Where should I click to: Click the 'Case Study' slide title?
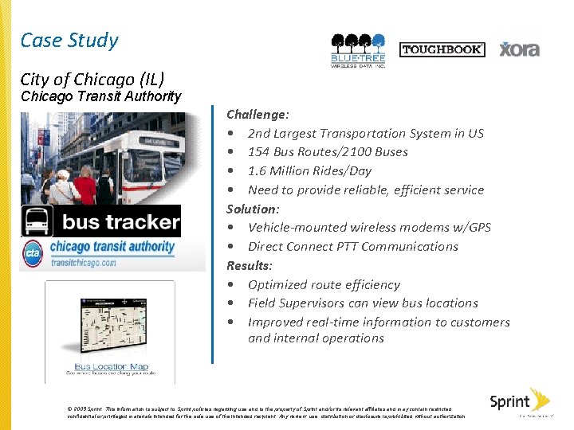69,41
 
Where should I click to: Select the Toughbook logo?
441,49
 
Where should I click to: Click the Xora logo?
519,49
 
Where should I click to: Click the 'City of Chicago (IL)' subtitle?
92,79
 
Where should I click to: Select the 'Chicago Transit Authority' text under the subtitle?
101,96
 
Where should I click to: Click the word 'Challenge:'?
258,115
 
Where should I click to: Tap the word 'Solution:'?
253,209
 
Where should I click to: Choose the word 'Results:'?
250,265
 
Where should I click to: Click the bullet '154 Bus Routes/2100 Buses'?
328,152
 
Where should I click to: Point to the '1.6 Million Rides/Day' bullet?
309,170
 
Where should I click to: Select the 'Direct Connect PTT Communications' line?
352,246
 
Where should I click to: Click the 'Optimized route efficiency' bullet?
324,284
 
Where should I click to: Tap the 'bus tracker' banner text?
121,221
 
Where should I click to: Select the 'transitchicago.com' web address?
84,263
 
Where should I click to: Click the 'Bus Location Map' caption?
111,367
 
